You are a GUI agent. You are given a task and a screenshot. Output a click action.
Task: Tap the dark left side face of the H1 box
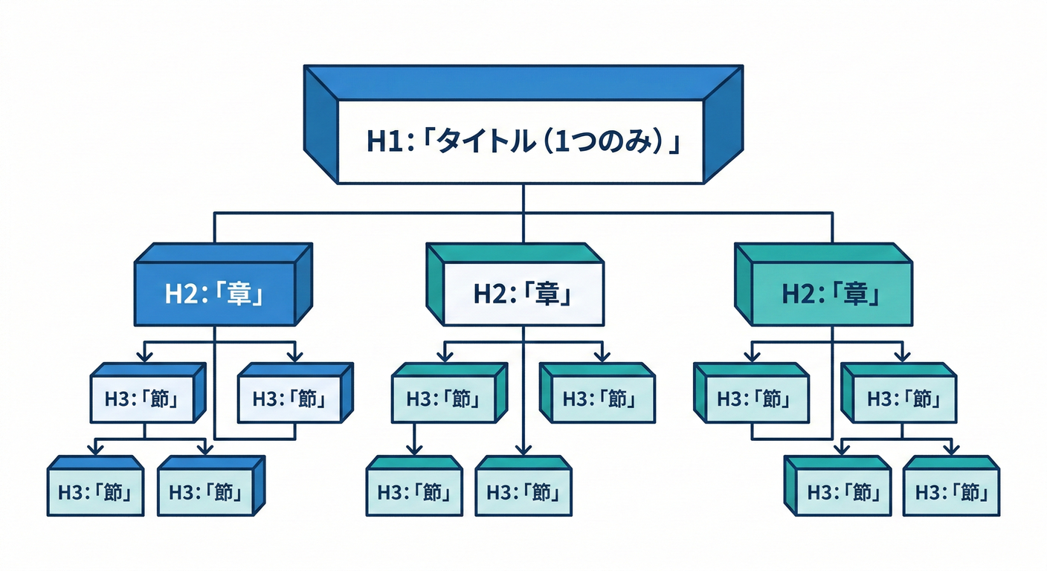321,123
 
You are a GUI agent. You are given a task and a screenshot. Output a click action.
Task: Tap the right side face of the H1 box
722,123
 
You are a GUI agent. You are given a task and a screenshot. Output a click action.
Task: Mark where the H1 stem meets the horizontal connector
523,213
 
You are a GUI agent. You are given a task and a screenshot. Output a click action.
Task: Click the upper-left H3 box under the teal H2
750,399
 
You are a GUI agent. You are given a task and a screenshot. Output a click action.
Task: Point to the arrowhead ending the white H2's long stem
523,449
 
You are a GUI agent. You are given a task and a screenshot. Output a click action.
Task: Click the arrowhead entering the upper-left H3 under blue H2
144,356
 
